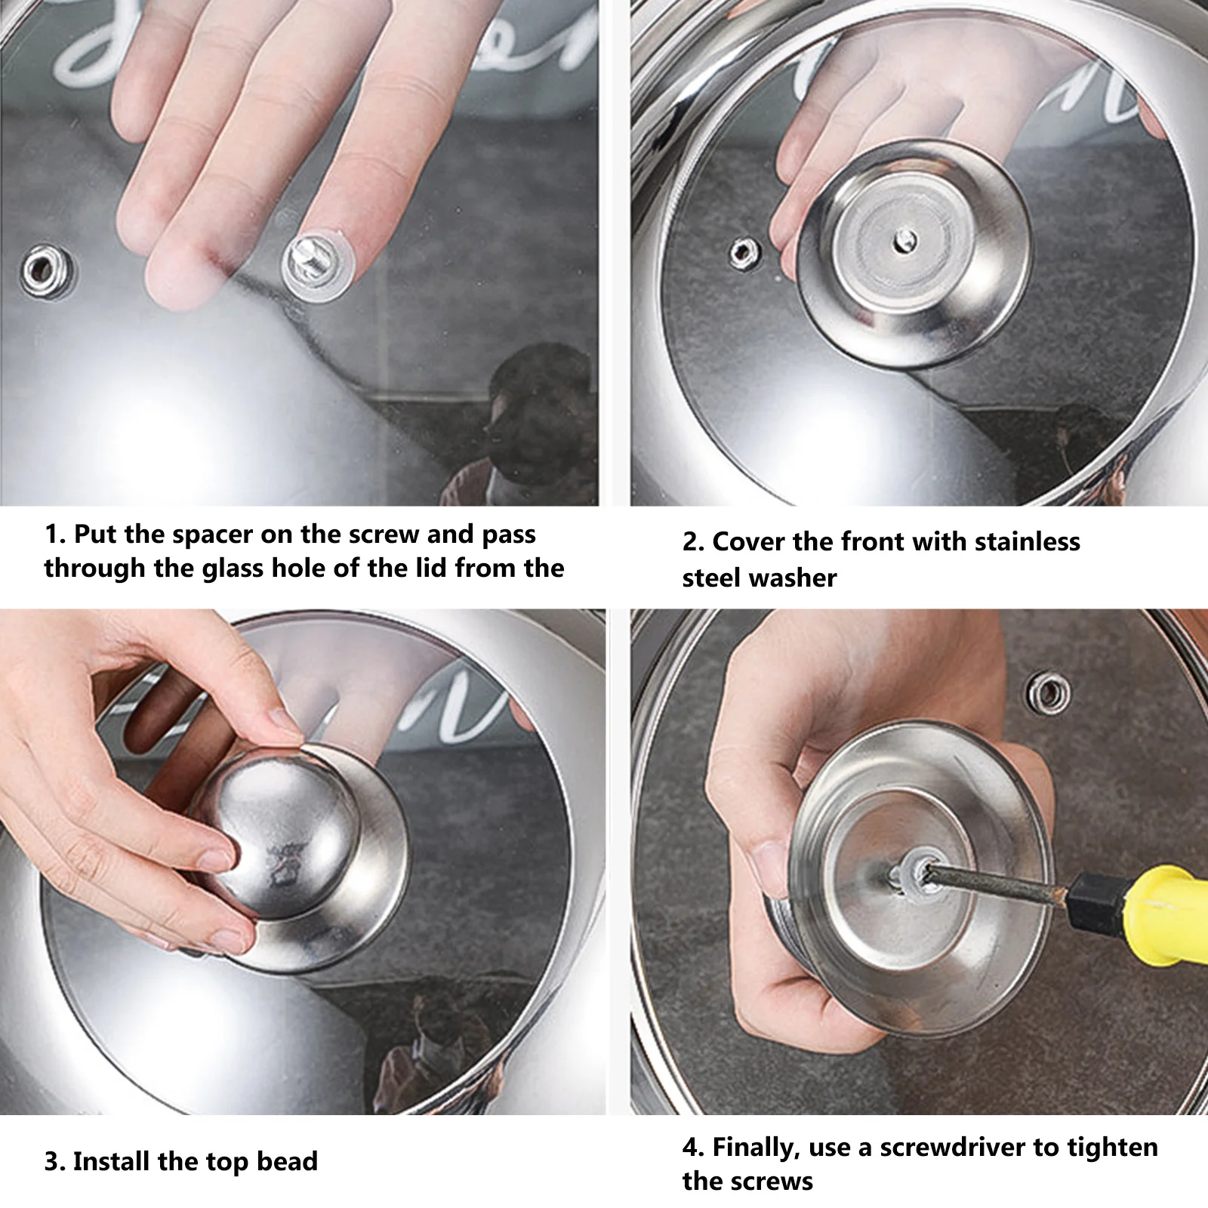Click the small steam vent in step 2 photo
click(x=743, y=251)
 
